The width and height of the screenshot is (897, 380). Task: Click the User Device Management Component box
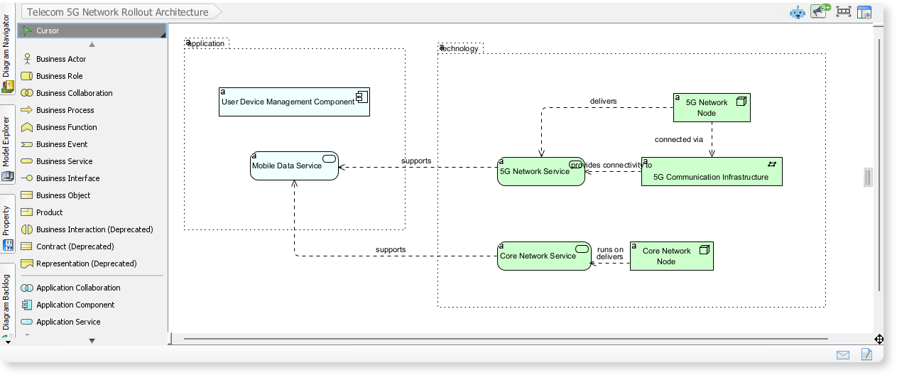[294, 102]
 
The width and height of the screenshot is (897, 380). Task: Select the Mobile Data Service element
[294, 166]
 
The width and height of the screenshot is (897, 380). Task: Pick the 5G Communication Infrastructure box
[711, 172]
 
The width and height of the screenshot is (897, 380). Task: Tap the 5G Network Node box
[711, 108]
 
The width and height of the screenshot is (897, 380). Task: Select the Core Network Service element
[543, 256]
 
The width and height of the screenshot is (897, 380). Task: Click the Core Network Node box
[670, 256]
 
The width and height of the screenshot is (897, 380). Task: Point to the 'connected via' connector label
[678, 140]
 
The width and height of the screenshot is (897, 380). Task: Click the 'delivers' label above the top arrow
[603, 102]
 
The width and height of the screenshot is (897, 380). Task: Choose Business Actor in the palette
[61, 59]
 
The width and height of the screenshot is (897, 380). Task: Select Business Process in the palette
[65, 110]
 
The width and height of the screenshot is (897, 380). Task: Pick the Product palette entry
[49, 212]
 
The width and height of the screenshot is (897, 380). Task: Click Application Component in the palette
[75, 305]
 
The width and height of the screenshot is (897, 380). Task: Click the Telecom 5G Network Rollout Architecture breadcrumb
[118, 12]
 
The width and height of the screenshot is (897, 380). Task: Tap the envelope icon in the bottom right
[843, 355]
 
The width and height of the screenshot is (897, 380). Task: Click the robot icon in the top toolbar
[798, 12]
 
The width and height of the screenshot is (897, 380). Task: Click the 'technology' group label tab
[460, 48]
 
